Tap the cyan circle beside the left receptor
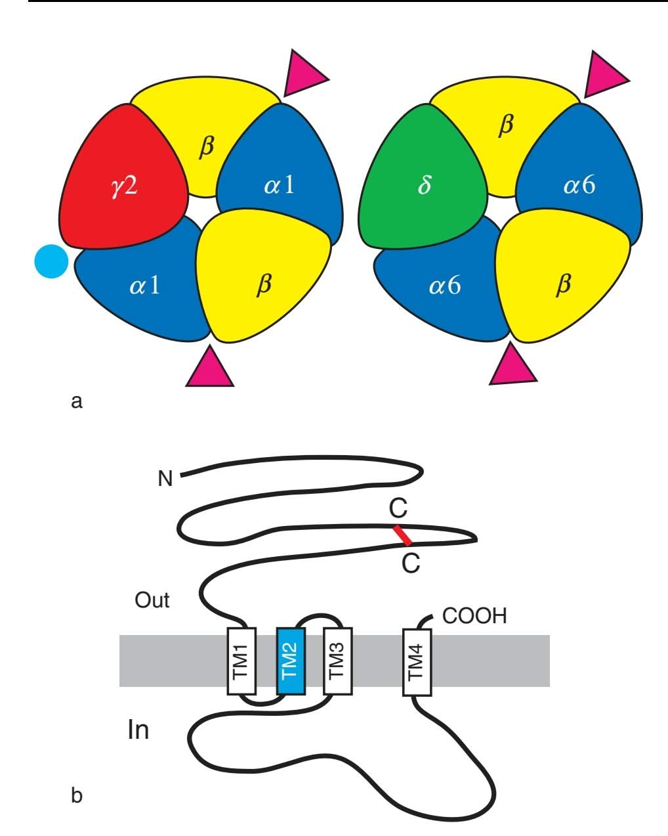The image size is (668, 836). click(x=51, y=261)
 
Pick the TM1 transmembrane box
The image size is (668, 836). click(x=241, y=661)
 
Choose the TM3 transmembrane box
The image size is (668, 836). click(x=338, y=661)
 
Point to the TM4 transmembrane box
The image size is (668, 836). click(x=417, y=661)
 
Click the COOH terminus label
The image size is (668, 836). click(x=475, y=617)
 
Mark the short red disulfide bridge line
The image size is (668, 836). click(x=403, y=535)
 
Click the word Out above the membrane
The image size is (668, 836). click(x=152, y=600)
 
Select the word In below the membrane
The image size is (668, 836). click(x=138, y=730)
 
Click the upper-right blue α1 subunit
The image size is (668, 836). click(x=279, y=186)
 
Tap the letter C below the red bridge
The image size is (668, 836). click(x=411, y=564)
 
